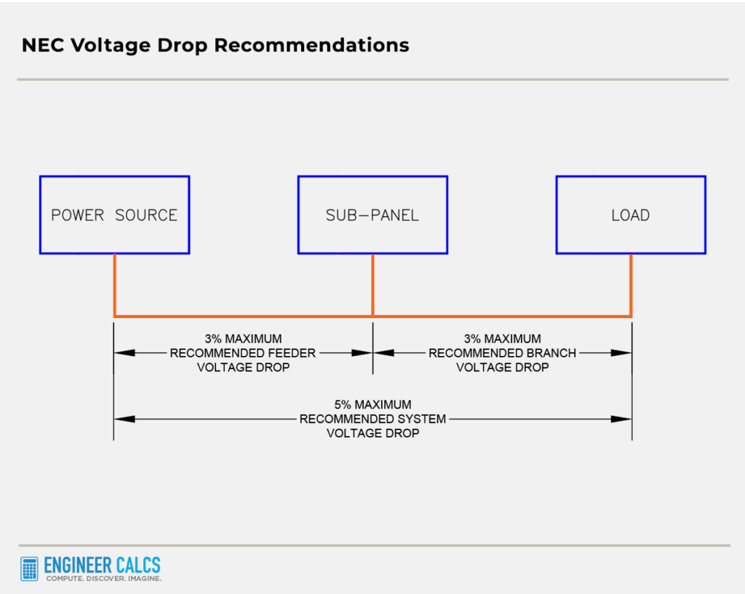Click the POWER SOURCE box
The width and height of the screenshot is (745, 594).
114,215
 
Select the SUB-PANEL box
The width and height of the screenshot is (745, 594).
372,215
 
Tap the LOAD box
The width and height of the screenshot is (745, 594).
631,215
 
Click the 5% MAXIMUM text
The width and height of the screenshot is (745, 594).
372,405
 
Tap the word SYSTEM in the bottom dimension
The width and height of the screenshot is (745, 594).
420,419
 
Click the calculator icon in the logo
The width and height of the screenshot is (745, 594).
30,569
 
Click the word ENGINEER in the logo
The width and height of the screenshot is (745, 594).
78,565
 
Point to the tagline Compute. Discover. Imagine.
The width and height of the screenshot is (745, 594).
103,579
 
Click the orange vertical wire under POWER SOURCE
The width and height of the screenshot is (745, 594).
114,285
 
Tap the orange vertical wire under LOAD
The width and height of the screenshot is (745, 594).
631,285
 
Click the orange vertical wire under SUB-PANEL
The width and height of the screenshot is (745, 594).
372,285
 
